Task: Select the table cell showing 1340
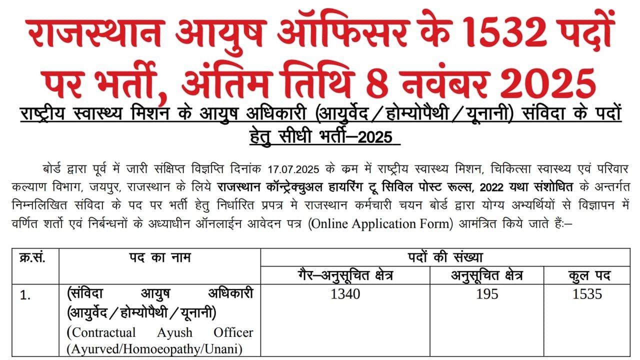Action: [345, 294]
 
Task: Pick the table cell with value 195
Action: [487, 294]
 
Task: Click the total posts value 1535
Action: [587, 294]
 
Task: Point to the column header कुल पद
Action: [587, 275]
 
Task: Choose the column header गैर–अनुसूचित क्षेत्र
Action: [345, 275]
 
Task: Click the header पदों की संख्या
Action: [445, 258]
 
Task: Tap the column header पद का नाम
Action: [159, 258]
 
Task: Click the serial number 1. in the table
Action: [25, 295]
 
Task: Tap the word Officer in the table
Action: [233, 332]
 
